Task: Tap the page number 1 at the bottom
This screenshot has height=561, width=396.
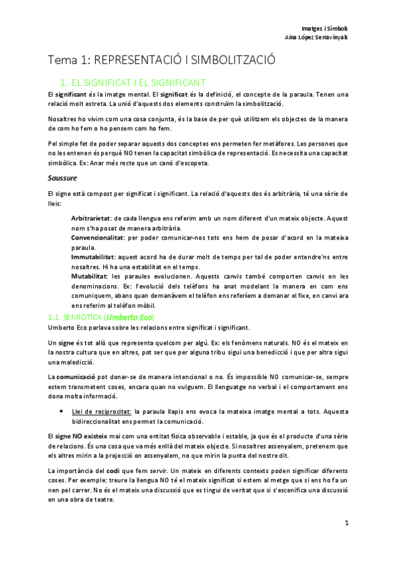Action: (346, 523)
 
